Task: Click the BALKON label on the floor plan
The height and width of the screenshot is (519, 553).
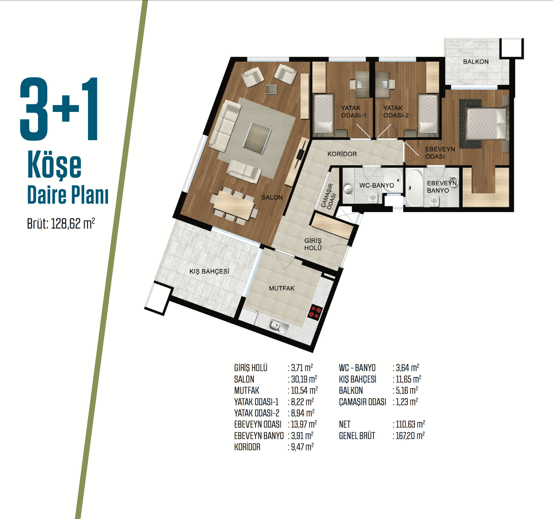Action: tap(476, 62)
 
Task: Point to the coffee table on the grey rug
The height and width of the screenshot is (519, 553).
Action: tap(257, 138)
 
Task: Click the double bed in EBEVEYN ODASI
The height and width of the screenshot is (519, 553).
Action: tap(486, 123)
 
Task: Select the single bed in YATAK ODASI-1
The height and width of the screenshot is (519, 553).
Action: tap(323, 114)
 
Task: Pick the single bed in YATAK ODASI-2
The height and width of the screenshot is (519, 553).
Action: tap(428, 114)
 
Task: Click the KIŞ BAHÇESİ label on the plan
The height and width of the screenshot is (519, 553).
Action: tap(209, 271)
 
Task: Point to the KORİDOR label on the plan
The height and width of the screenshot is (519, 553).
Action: tap(342, 154)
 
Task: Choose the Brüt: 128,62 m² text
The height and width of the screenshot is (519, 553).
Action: tap(61, 223)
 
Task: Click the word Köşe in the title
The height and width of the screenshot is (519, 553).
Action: tap(54, 165)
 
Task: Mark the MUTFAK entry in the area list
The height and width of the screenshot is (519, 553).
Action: tap(246, 391)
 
